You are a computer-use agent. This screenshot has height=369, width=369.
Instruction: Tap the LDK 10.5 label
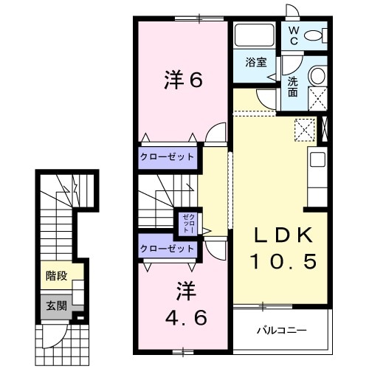(x=284, y=249)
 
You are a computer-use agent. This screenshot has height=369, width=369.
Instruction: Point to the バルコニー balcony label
(x=281, y=329)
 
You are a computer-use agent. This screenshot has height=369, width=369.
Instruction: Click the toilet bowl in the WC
(x=314, y=34)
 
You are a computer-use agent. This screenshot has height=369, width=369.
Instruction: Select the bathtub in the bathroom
(x=254, y=35)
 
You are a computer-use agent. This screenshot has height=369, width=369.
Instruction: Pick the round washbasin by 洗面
(x=317, y=75)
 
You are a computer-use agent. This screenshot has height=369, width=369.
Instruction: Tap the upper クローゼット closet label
(x=168, y=156)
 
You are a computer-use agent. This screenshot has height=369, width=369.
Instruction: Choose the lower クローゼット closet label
(x=168, y=249)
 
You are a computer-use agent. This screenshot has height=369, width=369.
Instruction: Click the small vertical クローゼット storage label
(x=187, y=222)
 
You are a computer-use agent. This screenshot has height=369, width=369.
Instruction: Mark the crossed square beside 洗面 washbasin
(x=318, y=97)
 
